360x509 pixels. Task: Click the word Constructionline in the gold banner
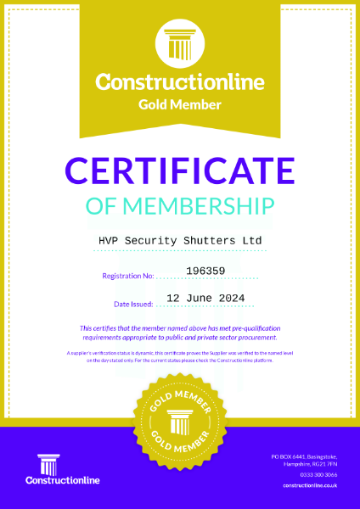(x=180, y=83)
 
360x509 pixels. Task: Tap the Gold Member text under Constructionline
(x=180, y=104)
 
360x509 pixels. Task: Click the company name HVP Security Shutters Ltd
(x=180, y=241)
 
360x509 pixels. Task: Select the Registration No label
(x=127, y=276)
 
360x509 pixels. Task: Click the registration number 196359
(x=205, y=271)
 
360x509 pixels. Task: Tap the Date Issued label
(x=133, y=303)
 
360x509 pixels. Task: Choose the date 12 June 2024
(x=205, y=298)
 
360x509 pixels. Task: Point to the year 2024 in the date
(x=231, y=298)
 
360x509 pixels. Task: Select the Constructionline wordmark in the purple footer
(x=63, y=481)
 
